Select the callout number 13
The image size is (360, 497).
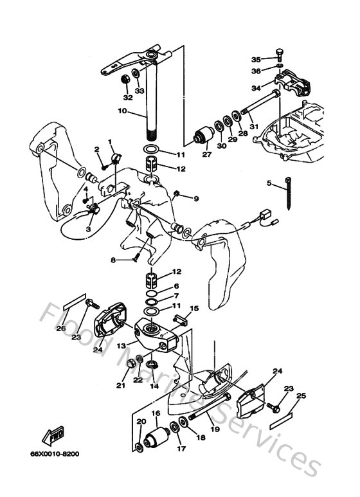click(120, 345)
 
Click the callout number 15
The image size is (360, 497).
click(194, 309)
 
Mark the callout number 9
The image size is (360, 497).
click(196, 198)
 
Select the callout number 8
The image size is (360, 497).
click(113, 260)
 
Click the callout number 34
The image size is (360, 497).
click(256, 88)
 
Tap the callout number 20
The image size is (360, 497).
click(141, 421)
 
